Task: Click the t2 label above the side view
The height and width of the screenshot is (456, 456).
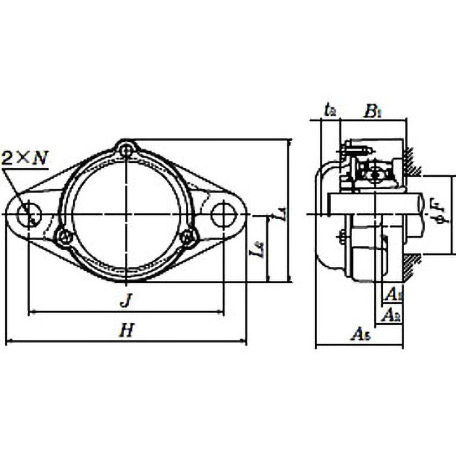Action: point(329,109)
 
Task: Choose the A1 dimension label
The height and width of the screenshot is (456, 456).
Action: point(392,294)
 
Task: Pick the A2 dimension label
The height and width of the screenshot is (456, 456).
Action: point(392,313)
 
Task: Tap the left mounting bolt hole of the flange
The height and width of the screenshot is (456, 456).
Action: point(28,215)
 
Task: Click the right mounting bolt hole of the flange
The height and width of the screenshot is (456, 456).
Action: point(223,214)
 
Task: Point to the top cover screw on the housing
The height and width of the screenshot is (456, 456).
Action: point(126,151)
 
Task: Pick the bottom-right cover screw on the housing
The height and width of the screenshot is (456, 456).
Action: point(187,236)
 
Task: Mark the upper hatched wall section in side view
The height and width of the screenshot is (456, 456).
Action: point(413,161)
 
